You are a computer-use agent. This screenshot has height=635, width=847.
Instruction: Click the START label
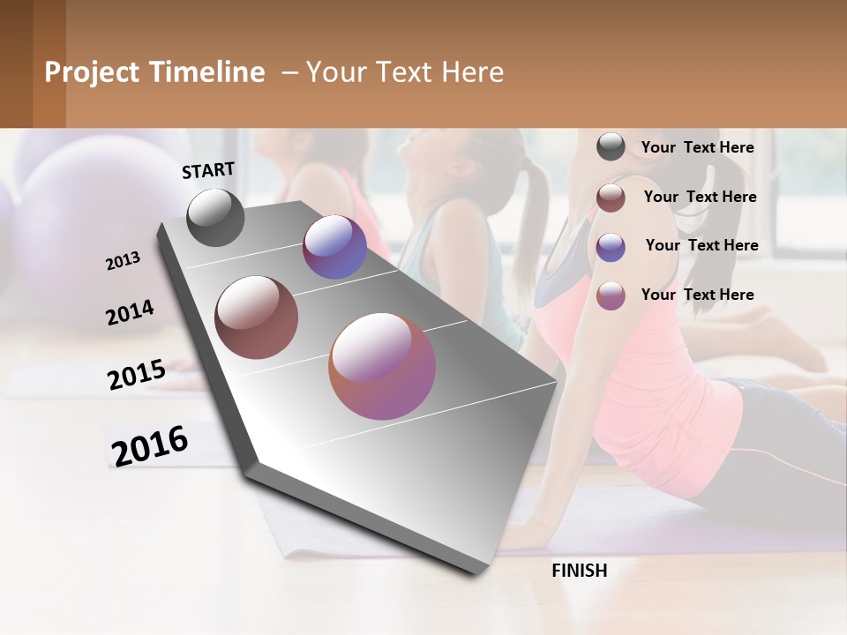point(208,170)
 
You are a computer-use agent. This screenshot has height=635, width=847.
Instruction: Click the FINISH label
point(580,571)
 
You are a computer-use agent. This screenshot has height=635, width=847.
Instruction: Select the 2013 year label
point(123,261)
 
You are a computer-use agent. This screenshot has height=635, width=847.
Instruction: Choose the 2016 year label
point(150,445)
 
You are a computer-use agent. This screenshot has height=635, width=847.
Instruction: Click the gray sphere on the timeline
point(215,217)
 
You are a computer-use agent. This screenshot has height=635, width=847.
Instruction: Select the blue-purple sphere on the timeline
point(334,247)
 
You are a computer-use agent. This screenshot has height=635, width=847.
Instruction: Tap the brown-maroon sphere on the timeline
point(257,317)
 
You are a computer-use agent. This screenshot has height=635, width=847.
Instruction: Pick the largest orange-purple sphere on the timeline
point(382,366)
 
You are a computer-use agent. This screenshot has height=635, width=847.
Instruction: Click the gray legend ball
point(611,147)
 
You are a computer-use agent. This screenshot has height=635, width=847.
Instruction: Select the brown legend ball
point(611,198)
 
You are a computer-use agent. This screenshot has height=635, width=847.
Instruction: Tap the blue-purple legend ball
point(611,247)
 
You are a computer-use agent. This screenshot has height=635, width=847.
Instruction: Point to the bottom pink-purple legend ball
point(611,295)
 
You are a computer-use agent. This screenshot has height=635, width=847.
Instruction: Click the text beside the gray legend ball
point(697,147)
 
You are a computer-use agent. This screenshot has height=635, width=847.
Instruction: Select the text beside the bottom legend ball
point(697,295)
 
